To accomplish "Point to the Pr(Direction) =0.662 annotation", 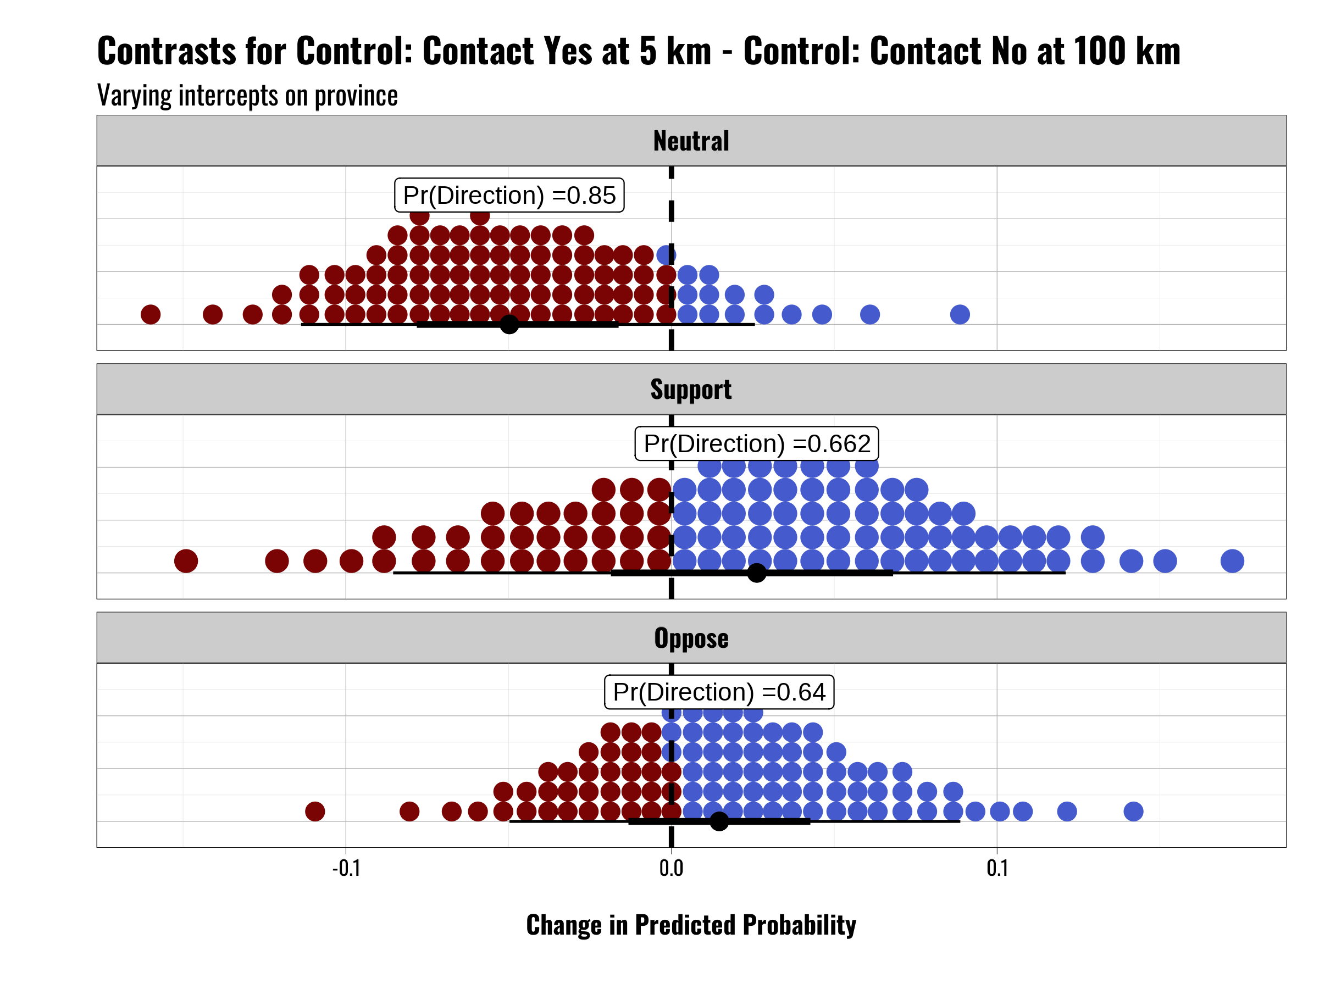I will tap(756, 443).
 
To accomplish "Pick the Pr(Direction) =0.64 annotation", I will tap(718, 692).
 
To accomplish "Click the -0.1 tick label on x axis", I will tap(346, 868).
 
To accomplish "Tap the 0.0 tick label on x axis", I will tap(671, 868).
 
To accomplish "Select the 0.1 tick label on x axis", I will tap(996, 868).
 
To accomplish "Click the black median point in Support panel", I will tap(756, 573).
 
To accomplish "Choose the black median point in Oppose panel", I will tap(718, 821).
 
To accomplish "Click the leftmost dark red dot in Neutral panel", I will tap(150, 314).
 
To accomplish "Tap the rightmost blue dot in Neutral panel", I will tap(960, 314).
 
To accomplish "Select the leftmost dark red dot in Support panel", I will tap(186, 561).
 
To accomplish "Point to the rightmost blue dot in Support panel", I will tap(1232, 561).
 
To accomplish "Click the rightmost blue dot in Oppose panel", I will tap(1133, 812).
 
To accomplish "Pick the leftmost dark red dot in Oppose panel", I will tap(315, 812).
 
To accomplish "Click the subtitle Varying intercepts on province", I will tap(247, 96).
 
